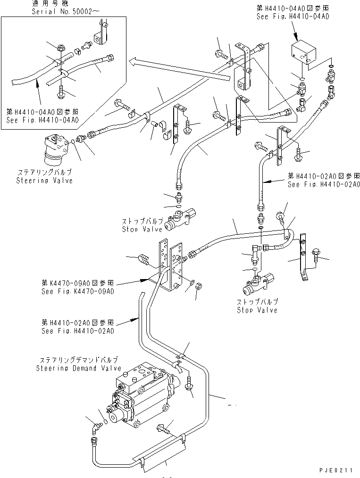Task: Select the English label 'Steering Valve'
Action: tap(45, 181)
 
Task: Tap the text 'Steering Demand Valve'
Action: tap(78, 368)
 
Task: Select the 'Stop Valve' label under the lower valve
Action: tap(257, 310)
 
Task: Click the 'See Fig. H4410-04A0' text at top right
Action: tap(293, 16)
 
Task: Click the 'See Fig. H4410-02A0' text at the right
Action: tap(324, 184)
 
